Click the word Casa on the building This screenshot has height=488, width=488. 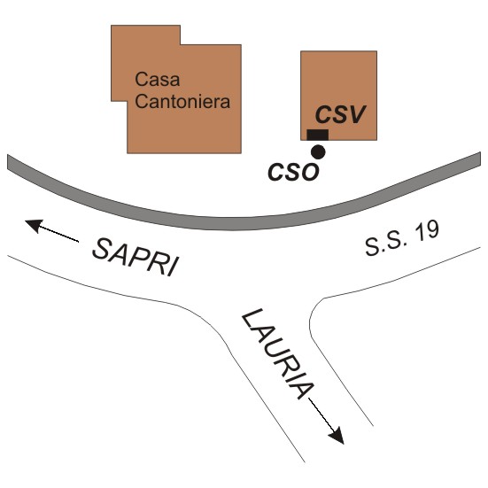158,80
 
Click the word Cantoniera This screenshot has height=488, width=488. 182,102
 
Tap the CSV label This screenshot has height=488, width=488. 340,114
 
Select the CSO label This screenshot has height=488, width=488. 293,172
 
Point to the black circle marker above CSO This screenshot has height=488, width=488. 318,152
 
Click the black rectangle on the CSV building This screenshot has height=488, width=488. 318,136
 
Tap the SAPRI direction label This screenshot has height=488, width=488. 136,258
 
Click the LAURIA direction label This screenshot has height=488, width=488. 278,354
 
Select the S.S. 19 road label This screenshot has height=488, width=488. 402,239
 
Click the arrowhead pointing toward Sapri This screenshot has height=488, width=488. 34,225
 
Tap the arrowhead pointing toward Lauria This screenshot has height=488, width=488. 337,436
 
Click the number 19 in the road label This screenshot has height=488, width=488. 427,232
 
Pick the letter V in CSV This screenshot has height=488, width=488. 356,114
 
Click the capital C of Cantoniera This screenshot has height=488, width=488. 142,102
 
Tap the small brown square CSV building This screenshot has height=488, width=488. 339,96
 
